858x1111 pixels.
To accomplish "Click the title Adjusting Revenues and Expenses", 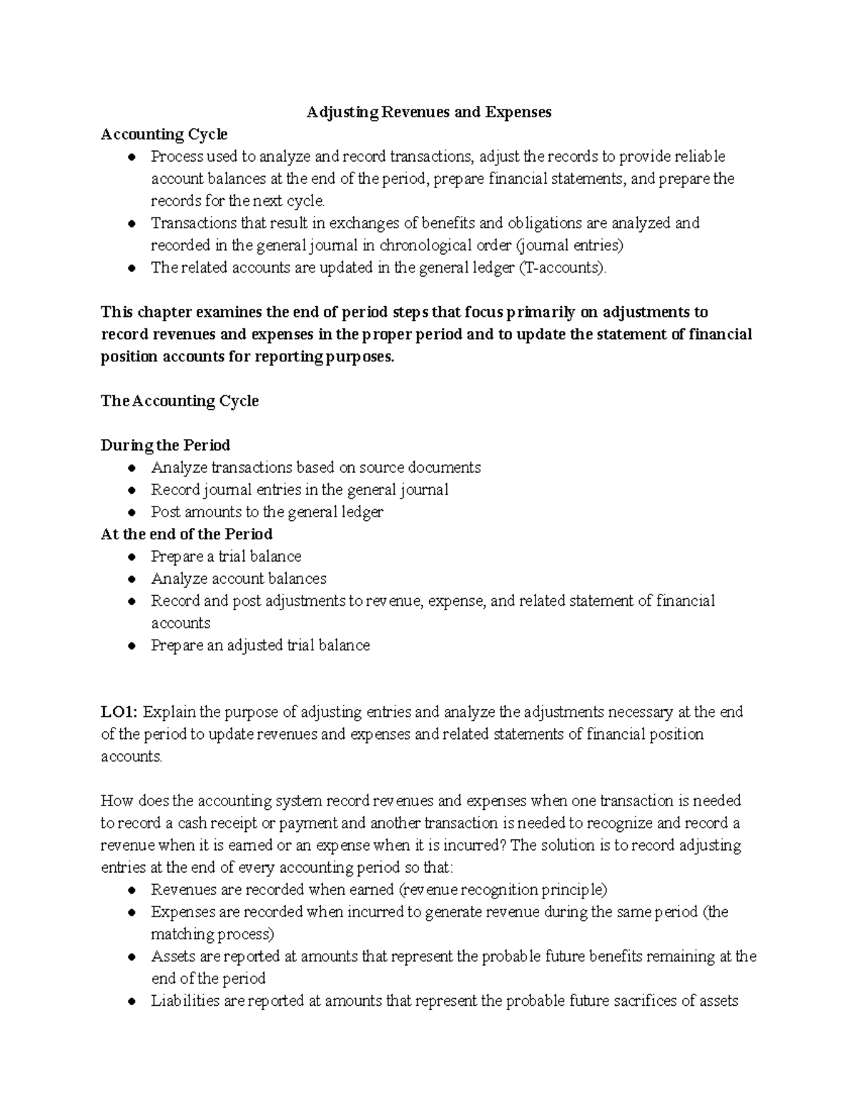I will coord(429,112).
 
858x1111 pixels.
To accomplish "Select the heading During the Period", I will coord(165,446).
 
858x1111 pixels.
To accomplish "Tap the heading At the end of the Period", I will coord(187,534).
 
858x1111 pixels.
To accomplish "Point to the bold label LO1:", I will coord(120,713).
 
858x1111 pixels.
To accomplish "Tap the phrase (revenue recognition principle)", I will coord(503,890).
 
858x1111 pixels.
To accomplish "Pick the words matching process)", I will coord(212,934).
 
